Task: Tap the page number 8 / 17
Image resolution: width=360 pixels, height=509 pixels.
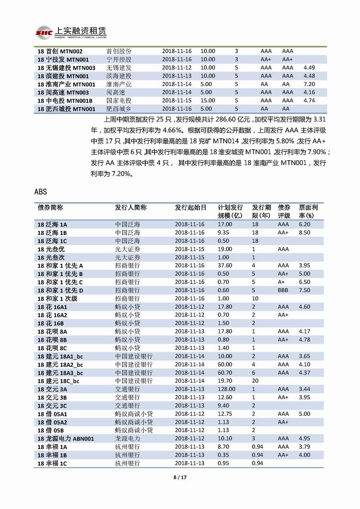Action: pos(180,478)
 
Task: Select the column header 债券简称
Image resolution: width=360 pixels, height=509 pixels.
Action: pos(50,207)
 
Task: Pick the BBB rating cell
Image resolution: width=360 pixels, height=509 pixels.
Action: pos(283,290)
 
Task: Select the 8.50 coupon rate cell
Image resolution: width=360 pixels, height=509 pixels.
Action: pos(304,232)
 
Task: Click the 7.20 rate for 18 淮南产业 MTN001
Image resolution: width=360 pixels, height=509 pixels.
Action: pos(309,84)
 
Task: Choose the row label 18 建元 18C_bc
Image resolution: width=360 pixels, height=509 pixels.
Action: pos(59,381)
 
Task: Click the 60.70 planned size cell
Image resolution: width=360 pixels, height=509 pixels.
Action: pos(226,372)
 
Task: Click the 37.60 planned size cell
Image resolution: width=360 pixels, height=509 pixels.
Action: pos(226,265)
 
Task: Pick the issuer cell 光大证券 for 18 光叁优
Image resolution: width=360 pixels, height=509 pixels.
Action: pos(128,249)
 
